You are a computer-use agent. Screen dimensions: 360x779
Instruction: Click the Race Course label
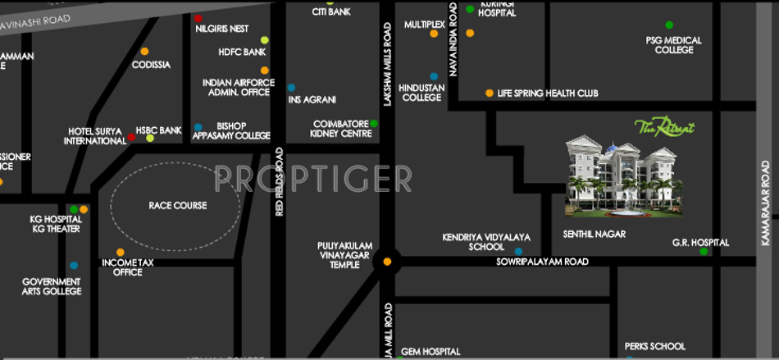177,205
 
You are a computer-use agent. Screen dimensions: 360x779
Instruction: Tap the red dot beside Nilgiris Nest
198,18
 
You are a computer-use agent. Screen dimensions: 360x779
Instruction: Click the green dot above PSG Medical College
669,25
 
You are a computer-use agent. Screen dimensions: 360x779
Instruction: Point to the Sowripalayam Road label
542,262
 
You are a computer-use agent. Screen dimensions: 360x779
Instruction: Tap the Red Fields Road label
280,182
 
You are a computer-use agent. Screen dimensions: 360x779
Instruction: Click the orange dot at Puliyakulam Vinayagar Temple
387,262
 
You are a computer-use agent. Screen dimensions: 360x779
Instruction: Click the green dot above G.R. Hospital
704,251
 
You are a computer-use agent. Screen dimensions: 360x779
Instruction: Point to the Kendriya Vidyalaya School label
486,242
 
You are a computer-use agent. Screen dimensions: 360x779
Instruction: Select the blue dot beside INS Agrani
291,88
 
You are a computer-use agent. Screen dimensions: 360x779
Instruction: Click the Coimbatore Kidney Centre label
337,128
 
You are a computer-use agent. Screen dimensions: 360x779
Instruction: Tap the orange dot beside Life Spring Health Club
490,93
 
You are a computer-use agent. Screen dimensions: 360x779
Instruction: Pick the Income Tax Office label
128,267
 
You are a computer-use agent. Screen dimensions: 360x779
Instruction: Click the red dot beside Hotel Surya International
131,137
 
